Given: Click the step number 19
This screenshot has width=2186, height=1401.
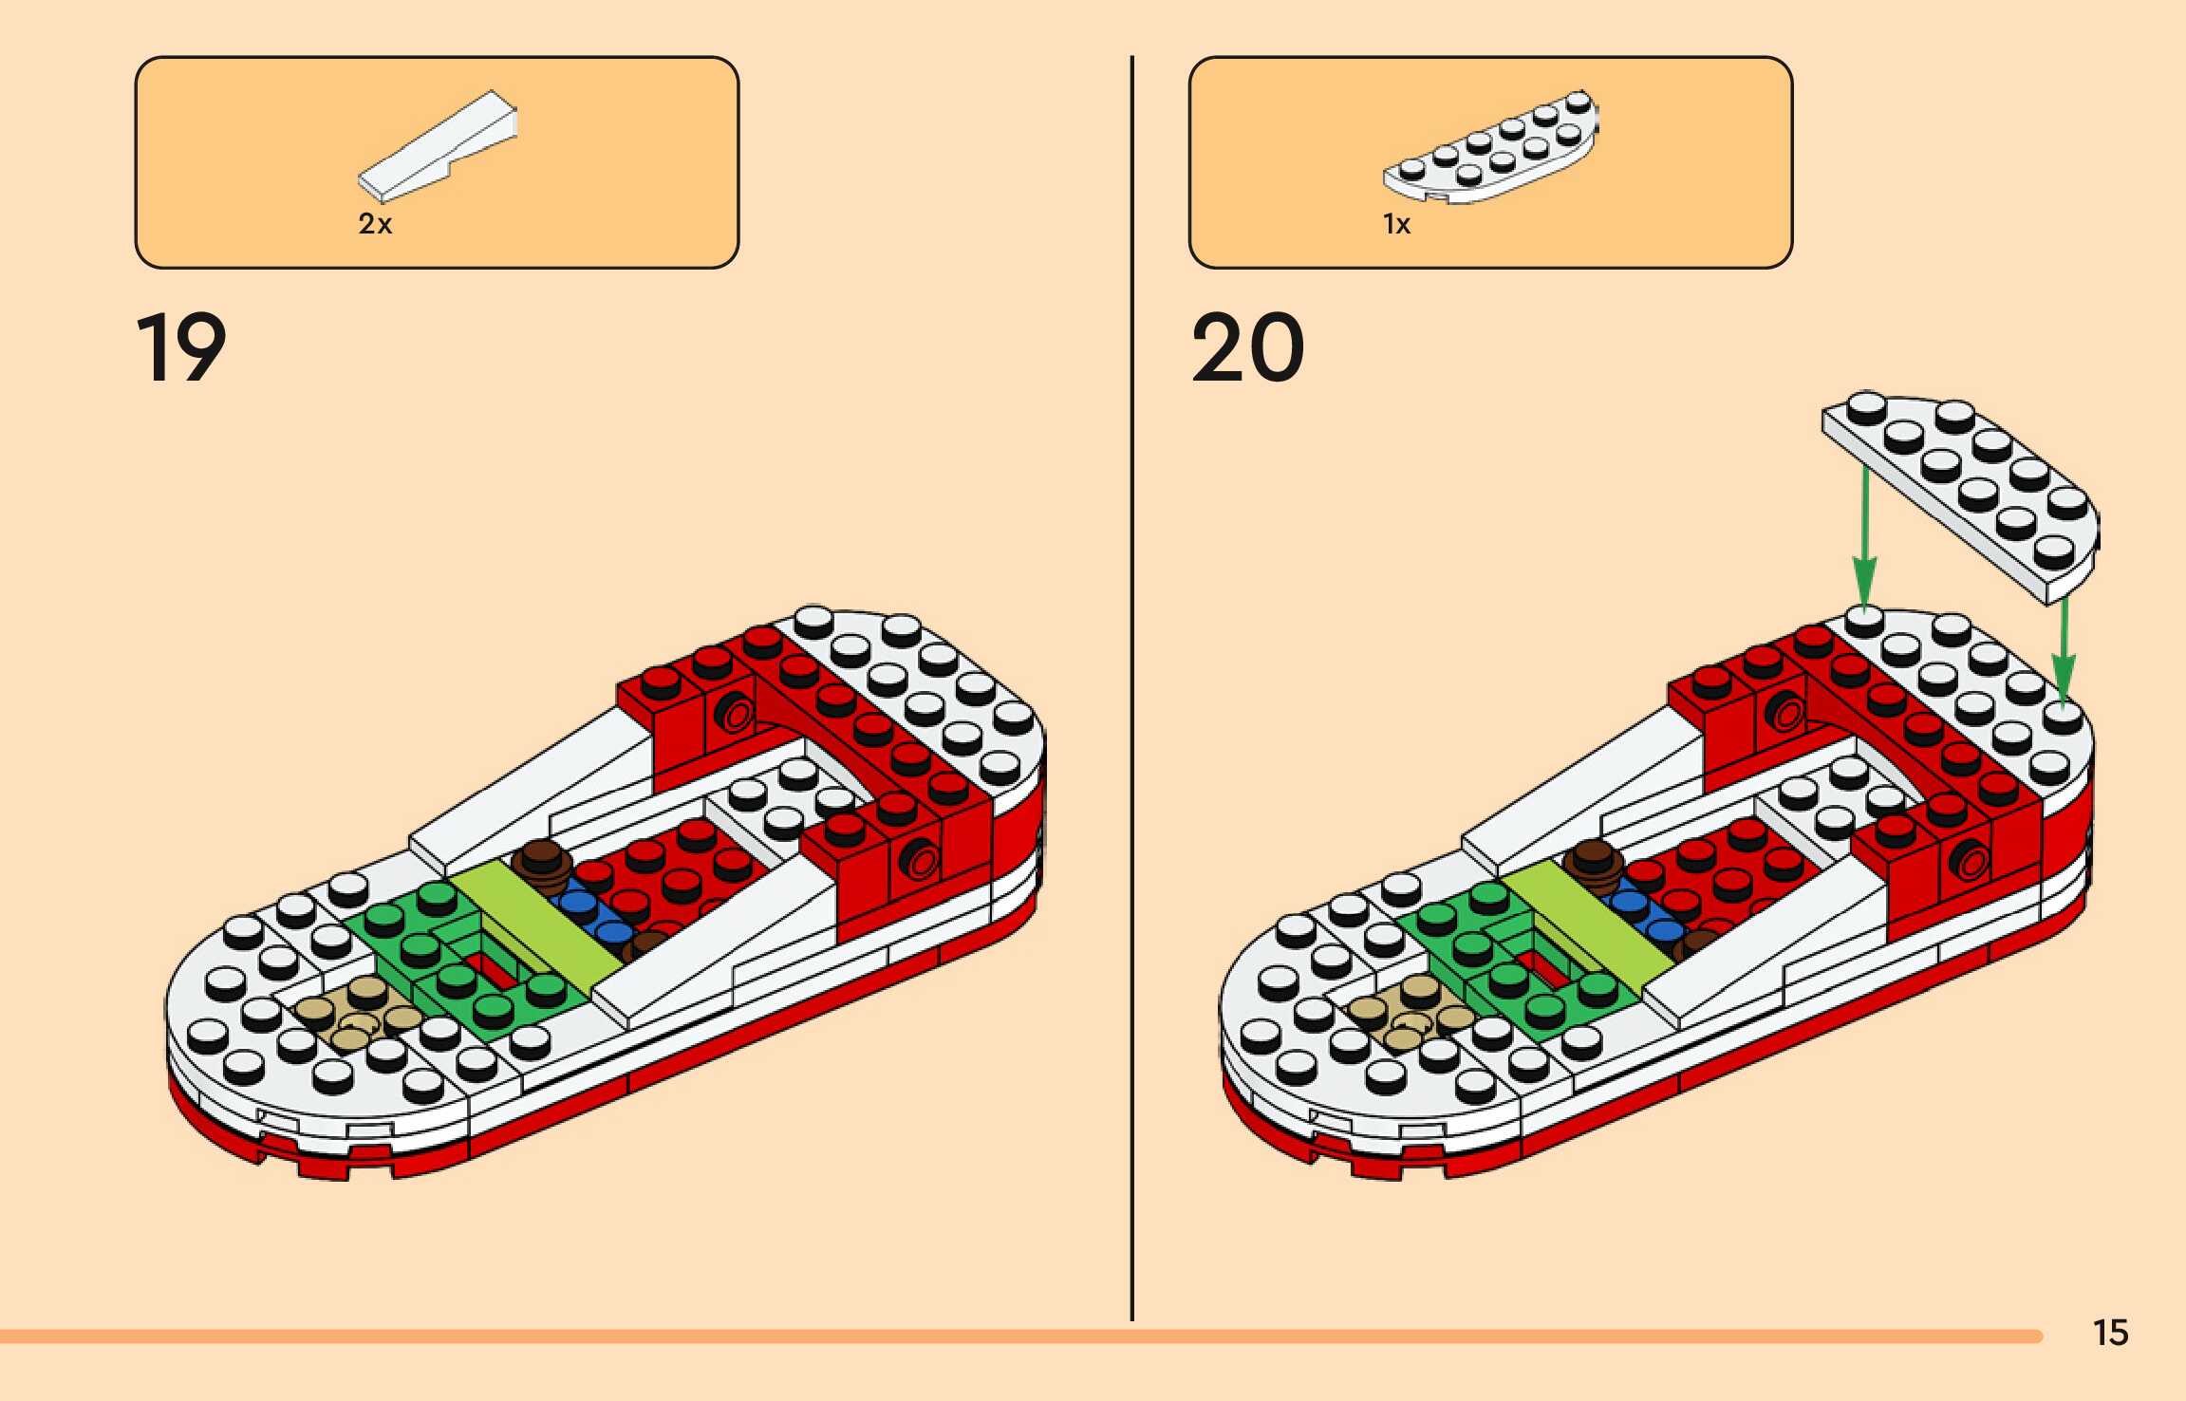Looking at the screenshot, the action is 181,348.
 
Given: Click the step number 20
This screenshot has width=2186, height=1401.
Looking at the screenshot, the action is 1247,348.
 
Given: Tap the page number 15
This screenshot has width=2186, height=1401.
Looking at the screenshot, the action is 2110,1333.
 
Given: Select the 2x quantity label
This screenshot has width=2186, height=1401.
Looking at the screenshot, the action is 375,224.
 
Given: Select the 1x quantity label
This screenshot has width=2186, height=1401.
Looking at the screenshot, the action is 1396,224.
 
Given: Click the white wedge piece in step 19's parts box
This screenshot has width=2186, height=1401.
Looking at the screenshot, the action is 438,146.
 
